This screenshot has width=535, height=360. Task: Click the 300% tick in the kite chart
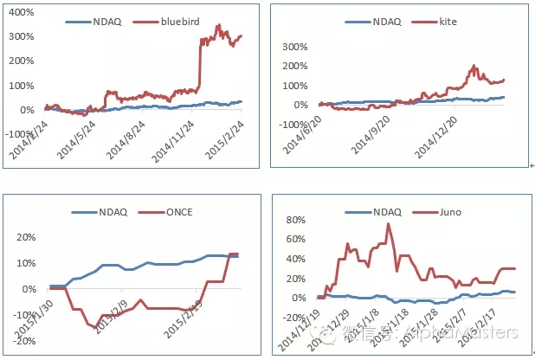(293, 47)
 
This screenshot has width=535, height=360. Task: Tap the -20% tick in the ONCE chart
(21, 341)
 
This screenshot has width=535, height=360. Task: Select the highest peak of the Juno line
(388, 224)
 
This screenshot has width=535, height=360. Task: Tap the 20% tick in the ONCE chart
(23, 237)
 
